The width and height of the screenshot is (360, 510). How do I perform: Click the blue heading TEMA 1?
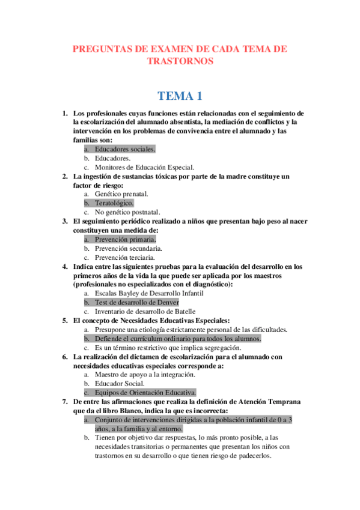coord(180,96)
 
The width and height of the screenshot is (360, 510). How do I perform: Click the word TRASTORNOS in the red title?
coord(180,61)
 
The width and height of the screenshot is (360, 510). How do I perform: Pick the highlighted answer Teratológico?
coord(114,203)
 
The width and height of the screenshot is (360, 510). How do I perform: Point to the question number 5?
coord(65,321)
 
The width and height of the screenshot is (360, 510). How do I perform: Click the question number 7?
coord(65,401)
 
